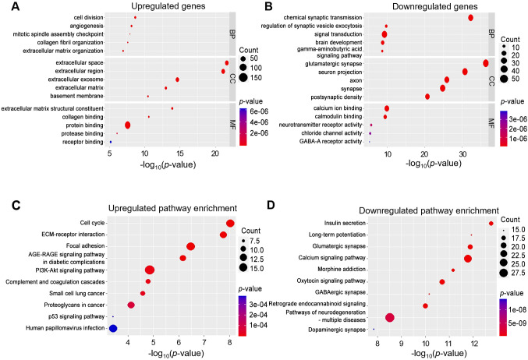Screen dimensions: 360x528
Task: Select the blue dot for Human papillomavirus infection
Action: pos(113,328)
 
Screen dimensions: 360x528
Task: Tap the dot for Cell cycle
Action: pos(230,224)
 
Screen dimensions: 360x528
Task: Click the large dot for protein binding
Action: pos(127,125)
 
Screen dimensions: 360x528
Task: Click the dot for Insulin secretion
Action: pos(491,224)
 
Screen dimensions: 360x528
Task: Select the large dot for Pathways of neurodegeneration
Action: pos(390,317)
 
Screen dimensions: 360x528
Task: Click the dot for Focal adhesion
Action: pos(190,246)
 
